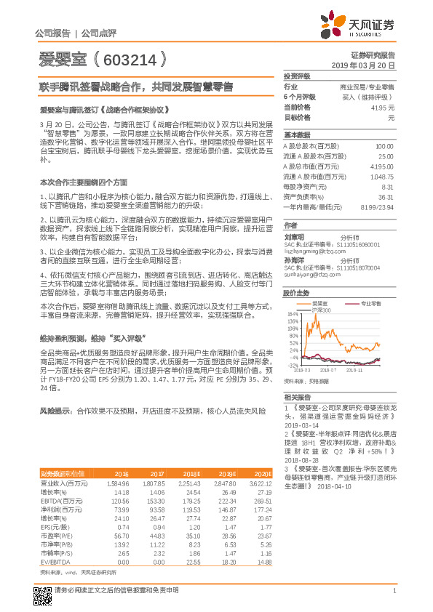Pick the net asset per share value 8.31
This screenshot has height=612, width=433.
[386, 187]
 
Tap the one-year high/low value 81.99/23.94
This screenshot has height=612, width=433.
[378, 207]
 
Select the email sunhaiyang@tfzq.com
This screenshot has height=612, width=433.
[307, 276]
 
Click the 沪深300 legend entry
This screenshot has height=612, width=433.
[321, 310]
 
